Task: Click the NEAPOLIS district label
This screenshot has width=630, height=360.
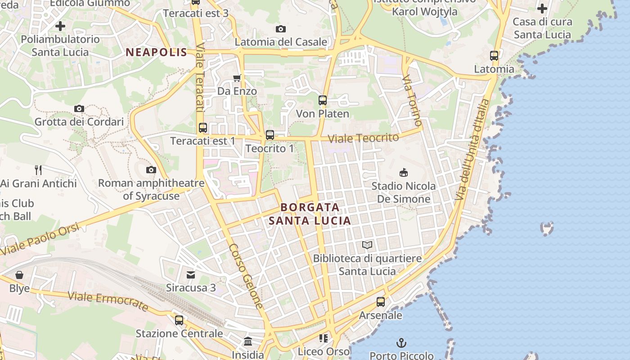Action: coord(156,52)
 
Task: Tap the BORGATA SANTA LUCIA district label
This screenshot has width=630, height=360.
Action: coord(310,214)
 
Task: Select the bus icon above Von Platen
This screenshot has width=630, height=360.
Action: coord(323,100)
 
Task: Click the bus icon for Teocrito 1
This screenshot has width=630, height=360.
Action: coord(270,135)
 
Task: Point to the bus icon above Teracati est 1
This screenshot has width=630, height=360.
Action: coord(203,128)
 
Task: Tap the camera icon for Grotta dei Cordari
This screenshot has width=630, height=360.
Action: coord(79,108)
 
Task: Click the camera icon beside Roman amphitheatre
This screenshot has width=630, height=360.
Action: coord(151,170)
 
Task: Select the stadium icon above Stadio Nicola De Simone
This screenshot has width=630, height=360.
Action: coord(404,172)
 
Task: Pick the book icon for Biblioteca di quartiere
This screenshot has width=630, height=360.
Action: coord(367,245)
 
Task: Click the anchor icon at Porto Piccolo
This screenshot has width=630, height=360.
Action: coord(401,343)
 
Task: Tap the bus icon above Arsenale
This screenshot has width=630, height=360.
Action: coord(381,302)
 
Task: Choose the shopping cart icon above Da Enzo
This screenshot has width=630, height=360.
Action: coord(237,78)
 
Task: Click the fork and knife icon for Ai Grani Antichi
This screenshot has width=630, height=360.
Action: coord(38,170)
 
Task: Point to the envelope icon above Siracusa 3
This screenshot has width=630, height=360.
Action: coord(191,274)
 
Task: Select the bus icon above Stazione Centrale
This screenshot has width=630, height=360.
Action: coord(179,320)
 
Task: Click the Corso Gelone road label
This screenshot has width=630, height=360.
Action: coord(246,276)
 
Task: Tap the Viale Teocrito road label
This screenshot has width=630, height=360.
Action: coord(364,138)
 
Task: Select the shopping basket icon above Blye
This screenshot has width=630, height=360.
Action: coord(19,275)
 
